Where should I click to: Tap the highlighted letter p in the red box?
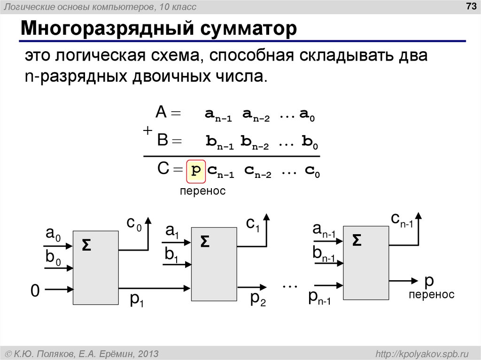pos(196,171)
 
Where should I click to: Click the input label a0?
pos(53,234)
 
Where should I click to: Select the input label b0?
pos(53,258)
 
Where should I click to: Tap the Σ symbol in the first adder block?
pos(86,245)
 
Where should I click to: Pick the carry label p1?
pos(137,299)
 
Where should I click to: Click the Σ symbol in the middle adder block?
pos(205,241)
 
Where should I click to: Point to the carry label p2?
pos(258,299)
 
